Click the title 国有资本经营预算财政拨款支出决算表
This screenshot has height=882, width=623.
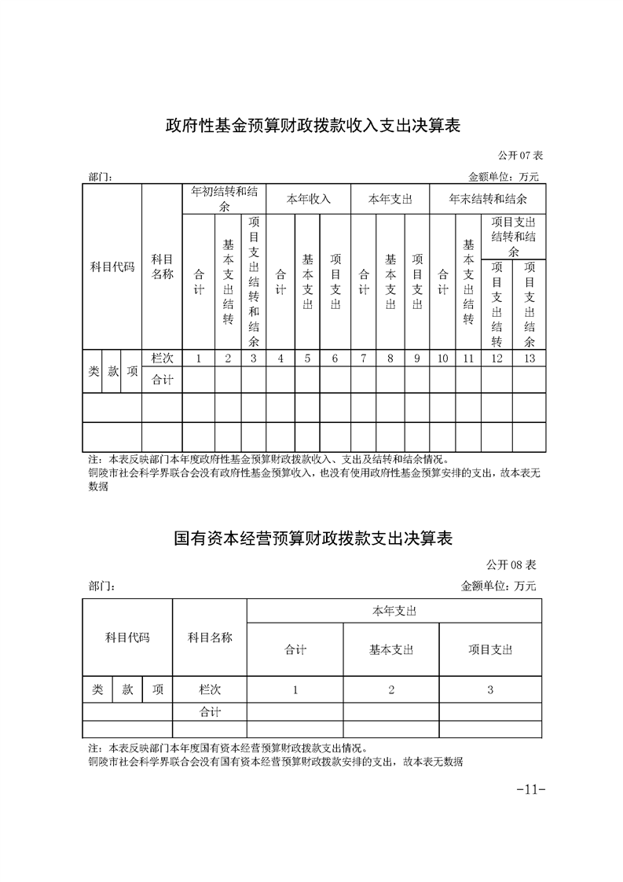pos(313,539)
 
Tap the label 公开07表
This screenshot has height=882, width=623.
pos(521,157)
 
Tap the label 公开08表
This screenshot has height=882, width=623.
pos(511,565)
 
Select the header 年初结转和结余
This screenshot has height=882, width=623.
pos(224,199)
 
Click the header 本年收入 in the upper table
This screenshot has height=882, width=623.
pos(308,199)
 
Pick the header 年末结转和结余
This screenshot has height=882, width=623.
pos(487,199)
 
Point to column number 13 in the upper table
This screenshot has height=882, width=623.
pos(529,358)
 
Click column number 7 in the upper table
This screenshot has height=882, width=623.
pos(364,358)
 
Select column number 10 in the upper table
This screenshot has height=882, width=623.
pos(442,358)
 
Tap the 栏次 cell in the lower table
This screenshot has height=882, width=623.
pos(209,689)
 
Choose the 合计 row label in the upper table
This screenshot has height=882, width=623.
pos(162,380)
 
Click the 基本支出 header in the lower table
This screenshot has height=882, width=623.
pos(390,649)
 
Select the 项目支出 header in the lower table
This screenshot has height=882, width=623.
pos(490,649)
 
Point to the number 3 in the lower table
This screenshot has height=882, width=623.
pos(490,689)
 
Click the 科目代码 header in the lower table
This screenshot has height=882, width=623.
pos(127,638)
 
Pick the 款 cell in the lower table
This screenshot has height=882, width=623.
pos(127,689)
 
